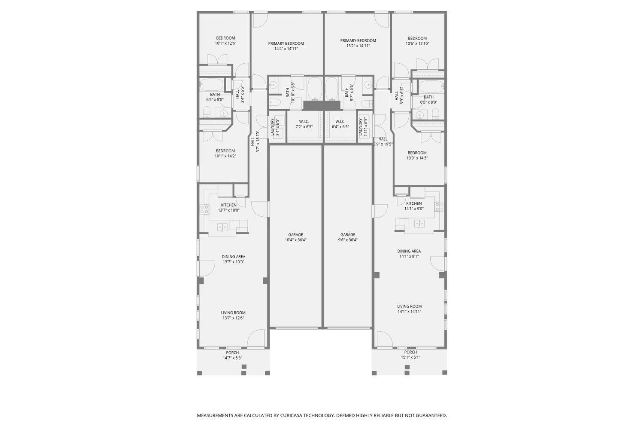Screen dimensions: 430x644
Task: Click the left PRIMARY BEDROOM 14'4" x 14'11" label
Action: (286, 46)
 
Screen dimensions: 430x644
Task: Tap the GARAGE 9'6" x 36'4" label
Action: (348, 237)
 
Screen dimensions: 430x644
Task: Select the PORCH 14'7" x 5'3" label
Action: (232, 355)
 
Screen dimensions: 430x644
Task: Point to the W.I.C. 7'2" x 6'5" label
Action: (304, 124)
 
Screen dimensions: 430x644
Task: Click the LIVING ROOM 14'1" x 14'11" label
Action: (409, 309)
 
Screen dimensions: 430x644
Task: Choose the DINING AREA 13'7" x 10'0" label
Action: (234, 259)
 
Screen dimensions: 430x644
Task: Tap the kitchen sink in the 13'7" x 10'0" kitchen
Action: (222, 227)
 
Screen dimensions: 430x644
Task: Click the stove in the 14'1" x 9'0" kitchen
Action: (439, 206)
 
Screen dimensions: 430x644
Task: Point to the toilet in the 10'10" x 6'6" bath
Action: (274, 102)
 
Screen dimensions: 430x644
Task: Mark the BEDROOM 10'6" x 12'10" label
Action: (417, 41)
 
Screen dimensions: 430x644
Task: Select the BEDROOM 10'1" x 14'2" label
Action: (225, 154)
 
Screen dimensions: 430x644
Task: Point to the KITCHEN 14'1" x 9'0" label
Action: (414, 206)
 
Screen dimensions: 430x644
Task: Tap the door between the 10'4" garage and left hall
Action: (260, 209)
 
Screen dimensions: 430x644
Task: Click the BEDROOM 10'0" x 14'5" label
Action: (417, 155)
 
